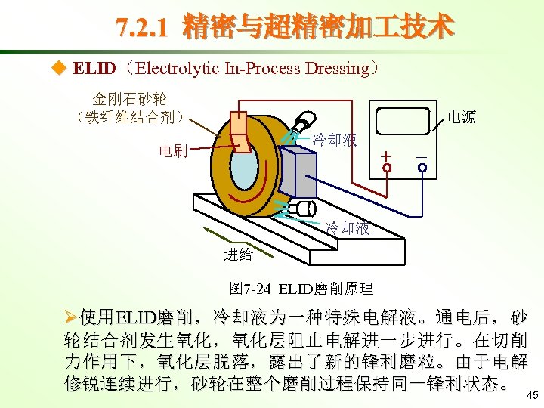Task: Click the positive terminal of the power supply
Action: [x=387, y=168]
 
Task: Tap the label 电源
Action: [x=462, y=117]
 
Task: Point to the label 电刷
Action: [x=173, y=150]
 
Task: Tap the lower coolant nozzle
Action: [x=304, y=209]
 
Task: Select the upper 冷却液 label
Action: [x=335, y=140]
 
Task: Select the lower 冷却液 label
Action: [x=347, y=227]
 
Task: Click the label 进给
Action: [x=238, y=255]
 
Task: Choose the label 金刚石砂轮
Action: [x=130, y=99]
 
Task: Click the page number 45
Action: [x=532, y=395]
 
